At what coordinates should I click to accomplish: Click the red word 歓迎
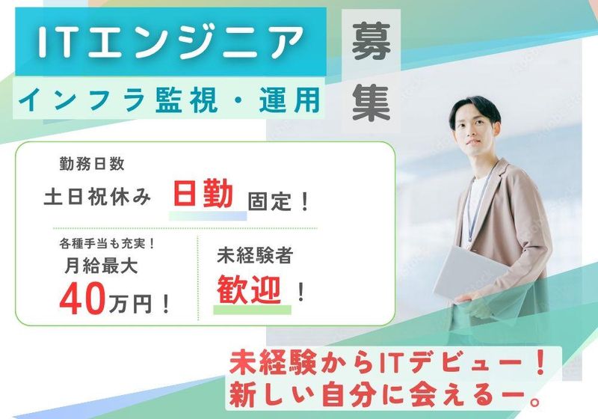[253, 288]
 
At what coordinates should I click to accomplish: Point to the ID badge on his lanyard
[472, 233]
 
